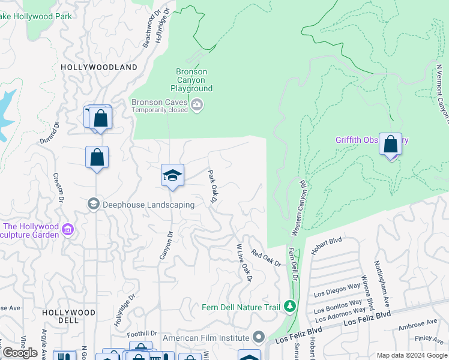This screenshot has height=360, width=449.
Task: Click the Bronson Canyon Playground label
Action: click(x=194, y=80)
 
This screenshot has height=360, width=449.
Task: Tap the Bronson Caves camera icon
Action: click(x=197, y=106)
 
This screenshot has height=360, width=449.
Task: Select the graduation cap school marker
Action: click(x=172, y=175)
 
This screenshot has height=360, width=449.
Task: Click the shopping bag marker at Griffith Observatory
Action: click(x=390, y=145)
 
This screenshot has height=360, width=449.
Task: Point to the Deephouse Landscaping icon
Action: click(x=93, y=205)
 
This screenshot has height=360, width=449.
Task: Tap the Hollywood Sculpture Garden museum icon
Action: click(x=68, y=230)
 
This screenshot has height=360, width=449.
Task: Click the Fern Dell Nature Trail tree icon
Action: click(x=290, y=307)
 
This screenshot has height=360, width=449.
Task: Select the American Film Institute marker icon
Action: click(x=259, y=338)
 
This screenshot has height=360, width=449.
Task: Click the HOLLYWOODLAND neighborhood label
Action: click(x=98, y=67)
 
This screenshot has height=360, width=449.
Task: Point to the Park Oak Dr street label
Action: click(x=212, y=185)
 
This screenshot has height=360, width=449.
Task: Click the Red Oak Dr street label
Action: click(x=266, y=259)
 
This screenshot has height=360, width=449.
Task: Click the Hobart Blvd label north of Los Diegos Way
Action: click(x=327, y=243)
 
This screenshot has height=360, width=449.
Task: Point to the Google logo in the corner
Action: click(x=20, y=353)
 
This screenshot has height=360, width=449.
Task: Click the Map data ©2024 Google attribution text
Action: click(x=411, y=355)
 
